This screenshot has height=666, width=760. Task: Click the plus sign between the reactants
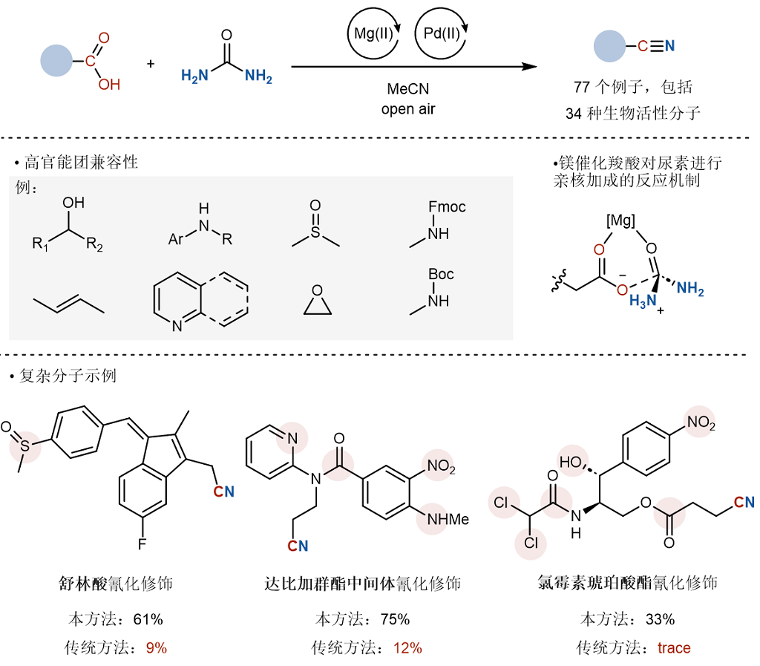[151, 64]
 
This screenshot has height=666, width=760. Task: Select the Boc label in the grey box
[439, 275]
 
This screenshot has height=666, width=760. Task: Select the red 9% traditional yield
[157, 647]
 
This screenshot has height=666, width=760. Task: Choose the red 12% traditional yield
[407, 647]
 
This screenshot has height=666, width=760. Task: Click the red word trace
[674, 647]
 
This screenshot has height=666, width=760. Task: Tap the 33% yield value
[660, 619]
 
